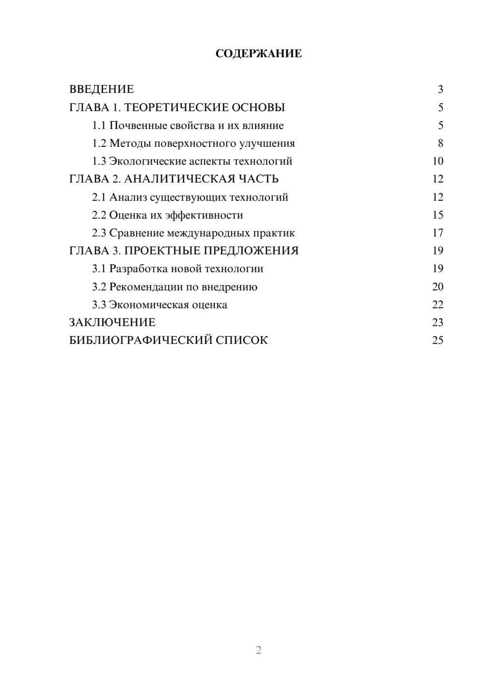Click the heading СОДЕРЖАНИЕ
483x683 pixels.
258,54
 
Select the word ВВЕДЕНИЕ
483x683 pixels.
101,89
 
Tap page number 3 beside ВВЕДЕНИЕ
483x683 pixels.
440,89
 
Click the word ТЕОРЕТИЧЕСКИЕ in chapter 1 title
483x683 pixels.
176,107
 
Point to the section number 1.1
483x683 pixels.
99,126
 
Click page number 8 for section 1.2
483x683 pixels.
440,143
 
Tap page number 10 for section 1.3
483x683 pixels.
438,161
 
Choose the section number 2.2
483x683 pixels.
99,215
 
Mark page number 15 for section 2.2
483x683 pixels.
438,215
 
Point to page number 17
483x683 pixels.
438,233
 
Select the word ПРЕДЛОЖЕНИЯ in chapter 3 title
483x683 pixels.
251,251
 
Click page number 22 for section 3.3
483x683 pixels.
438,305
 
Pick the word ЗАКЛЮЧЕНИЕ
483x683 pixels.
112,323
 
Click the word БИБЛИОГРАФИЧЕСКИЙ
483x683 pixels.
141,341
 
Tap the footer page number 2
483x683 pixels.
258,650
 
